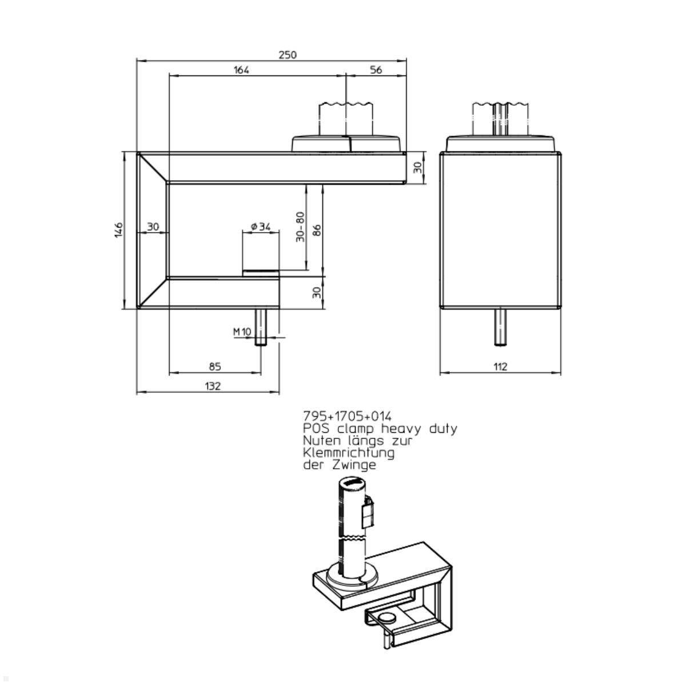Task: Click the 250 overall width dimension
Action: coord(288,55)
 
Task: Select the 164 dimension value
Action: coord(241,70)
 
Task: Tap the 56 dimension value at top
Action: coord(376,70)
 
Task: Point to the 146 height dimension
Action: coord(118,230)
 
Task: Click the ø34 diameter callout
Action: coord(261,227)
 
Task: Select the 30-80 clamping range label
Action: coord(300,227)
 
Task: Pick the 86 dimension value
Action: coord(317,229)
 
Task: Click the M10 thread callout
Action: coord(242,332)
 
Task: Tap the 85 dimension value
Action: coord(215,366)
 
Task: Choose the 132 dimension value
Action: coord(212,386)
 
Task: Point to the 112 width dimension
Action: coord(500,367)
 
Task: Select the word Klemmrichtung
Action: coord(349,453)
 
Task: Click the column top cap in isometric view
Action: coord(351,484)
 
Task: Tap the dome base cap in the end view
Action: coord(501,143)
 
